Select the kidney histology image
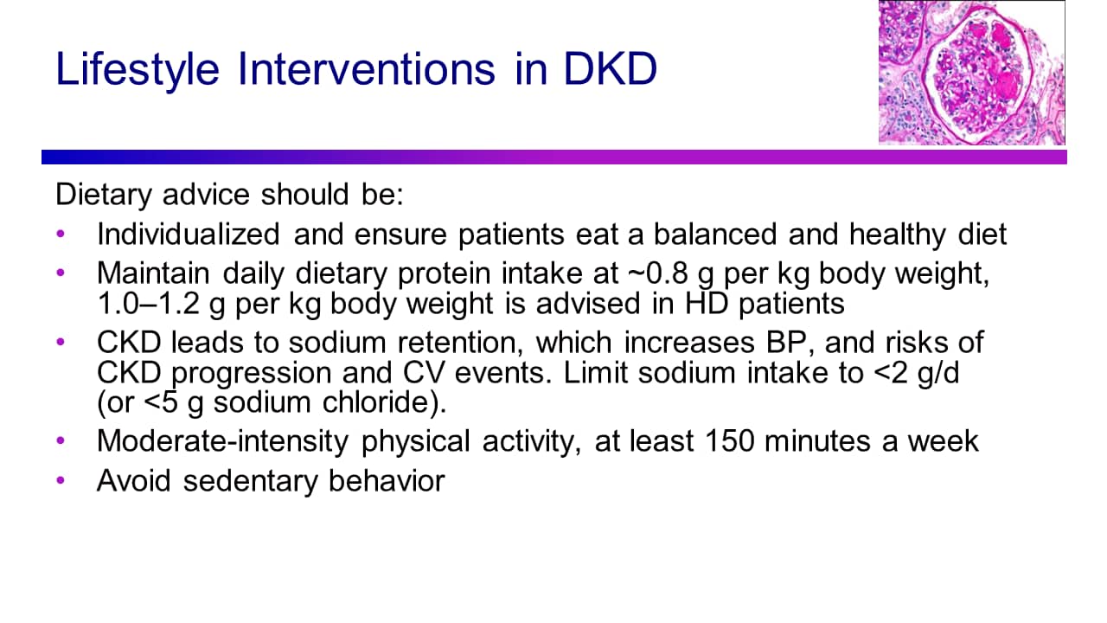[971, 72]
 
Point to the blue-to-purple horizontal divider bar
[553, 157]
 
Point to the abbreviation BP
[792, 343]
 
